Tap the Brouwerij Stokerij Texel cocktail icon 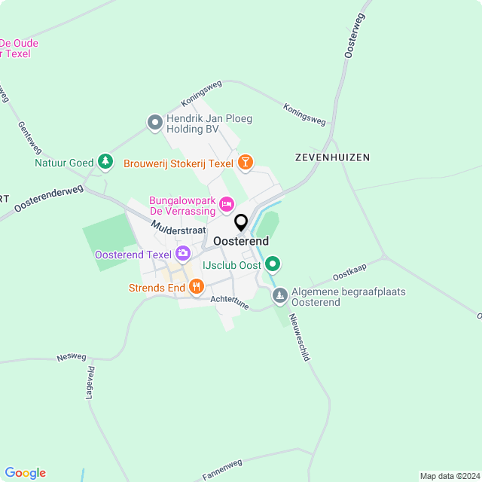[245, 162]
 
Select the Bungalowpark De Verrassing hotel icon [226, 204]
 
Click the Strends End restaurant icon [197, 286]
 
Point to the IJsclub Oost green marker [273, 264]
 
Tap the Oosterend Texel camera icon [182, 254]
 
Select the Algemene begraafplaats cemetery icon [279, 296]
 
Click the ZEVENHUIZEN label [332, 157]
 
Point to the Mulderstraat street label [178, 224]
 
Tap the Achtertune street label [230, 302]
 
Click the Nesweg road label [72, 358]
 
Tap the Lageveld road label [90, 382]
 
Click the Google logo [25, 472]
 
